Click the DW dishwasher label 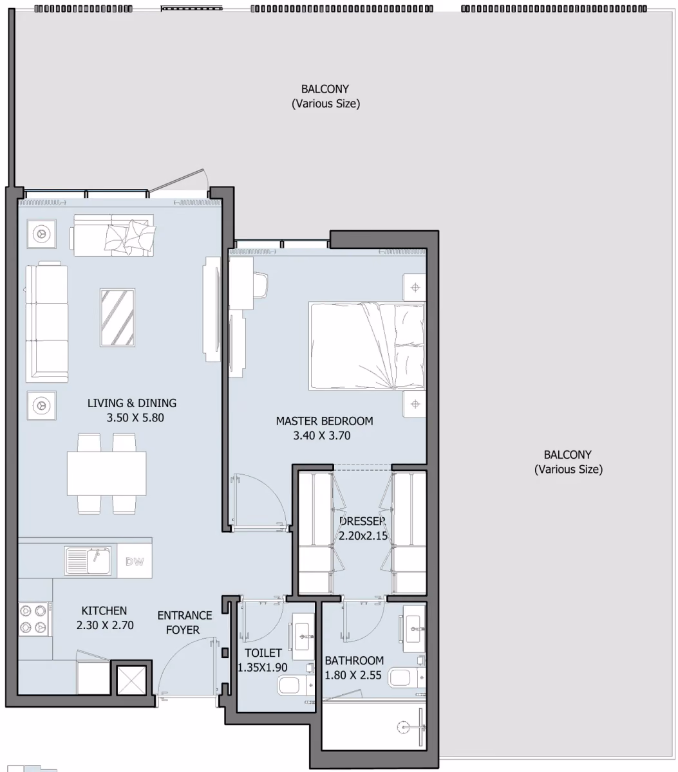click(135, 561)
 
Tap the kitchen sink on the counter click(88, 561)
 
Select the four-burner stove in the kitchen click(33, 619)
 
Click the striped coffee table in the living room click(117, 318)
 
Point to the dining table click(106, 473)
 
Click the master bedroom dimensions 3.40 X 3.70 click(321, 436)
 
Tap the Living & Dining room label click(132, 403)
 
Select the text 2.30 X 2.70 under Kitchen click(105, 625)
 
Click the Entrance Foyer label click(185, 623)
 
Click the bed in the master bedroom click(367, 346)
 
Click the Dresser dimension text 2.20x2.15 click(363, 536)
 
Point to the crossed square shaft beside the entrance click(131, 680)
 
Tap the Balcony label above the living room click(326, 96)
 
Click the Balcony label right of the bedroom click(568, 462)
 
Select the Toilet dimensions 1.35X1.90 click(262, 667)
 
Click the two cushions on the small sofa click(129, 236)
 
